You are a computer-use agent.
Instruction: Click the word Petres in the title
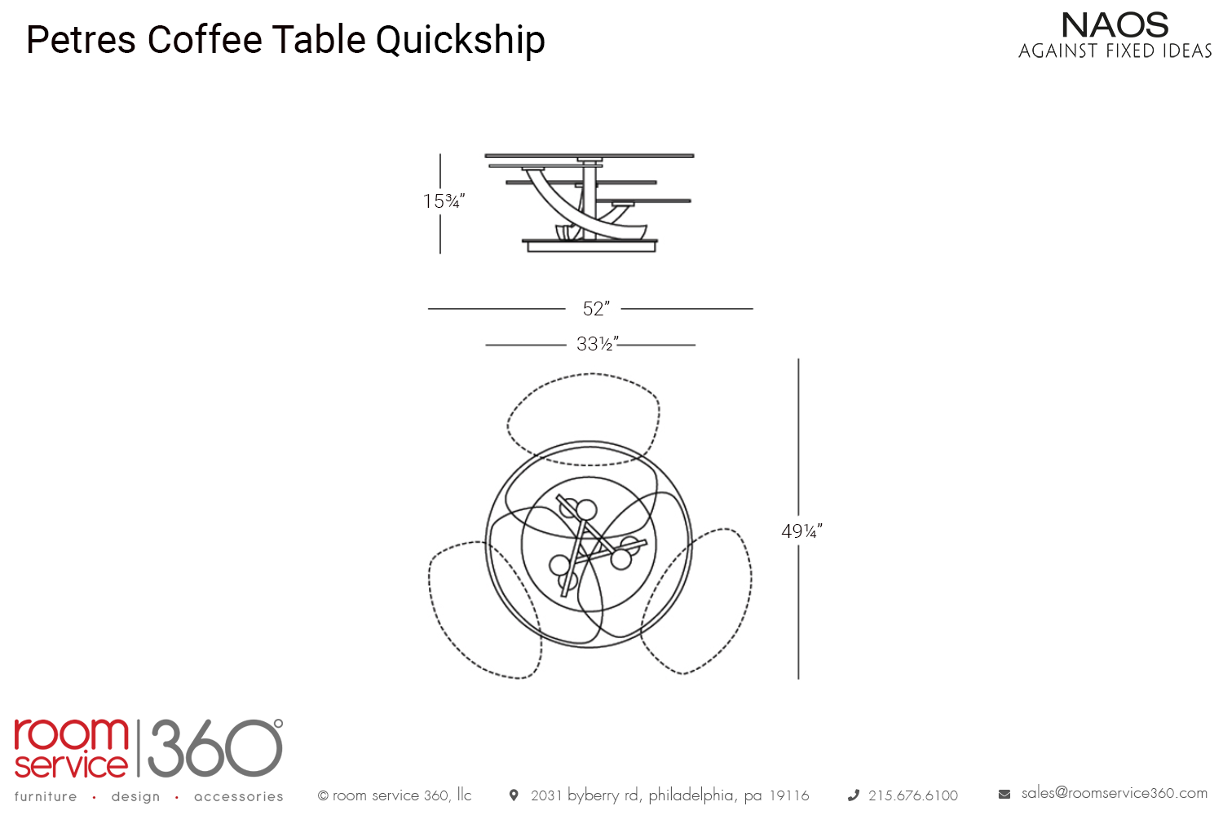pos(81,40)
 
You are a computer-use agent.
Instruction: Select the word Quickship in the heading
pos(461,42)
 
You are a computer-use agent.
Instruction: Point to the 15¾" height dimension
pos(444,201)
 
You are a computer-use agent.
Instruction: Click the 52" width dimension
pos(596,309)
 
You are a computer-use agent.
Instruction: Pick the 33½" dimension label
pos(598,344)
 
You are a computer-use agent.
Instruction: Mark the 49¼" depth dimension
pos(801,531)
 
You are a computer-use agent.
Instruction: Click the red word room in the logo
pos(71,734)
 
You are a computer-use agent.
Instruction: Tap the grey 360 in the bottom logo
pos(215,748)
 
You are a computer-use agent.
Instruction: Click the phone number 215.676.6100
pos(913,796)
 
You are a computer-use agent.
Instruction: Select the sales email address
pos(1115,793)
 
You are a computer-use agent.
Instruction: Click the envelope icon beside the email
pos(1004,795)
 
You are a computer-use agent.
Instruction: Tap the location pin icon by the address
pos(513,795)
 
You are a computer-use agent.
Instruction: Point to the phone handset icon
pos(854,795)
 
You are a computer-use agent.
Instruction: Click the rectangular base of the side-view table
pos(591,247)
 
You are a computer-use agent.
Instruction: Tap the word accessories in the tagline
pos(239,796)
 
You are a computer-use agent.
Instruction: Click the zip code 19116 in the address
pos(789,796)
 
